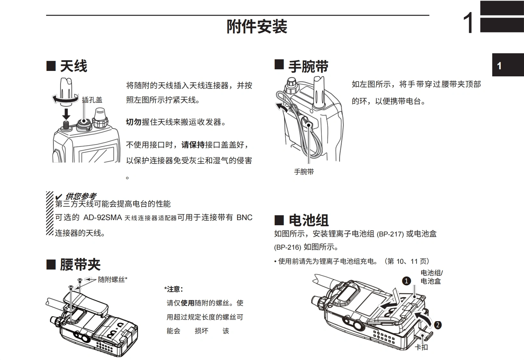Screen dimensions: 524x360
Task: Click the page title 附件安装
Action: tap(257, 27)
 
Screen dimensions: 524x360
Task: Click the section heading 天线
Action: tap(73, 66)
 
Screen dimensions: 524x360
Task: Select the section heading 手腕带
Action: tap(308, 67)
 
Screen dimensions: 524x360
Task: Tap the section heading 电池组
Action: tap(308, 220)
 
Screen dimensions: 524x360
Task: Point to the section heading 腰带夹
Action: tap(80, 265)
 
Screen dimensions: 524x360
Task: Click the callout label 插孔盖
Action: tap(92, 100)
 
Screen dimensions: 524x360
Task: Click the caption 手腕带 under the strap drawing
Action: tap(304, 172)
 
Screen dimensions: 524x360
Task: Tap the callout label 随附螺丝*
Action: tap(113, 279)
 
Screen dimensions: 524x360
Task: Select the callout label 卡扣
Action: tap(421, 347)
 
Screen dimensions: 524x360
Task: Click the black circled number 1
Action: tap(406, 281)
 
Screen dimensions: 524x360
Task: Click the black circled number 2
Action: tap(438, 325)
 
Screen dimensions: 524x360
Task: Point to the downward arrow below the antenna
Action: tap(66, 114)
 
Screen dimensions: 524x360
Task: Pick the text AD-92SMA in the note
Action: tap(103, 218)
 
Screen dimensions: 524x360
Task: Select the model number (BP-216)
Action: tap(288, 247)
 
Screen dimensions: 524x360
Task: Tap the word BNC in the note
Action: tap(244, 218)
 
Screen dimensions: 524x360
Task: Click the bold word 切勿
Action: tap(133, 122)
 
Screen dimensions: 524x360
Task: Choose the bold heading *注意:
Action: tap(174, 289)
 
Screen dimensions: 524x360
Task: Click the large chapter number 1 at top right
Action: tap(468, 23)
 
